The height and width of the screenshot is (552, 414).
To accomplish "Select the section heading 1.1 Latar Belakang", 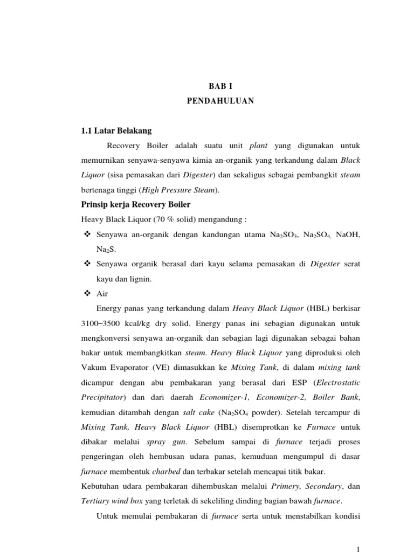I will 116,130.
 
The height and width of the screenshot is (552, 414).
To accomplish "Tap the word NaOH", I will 348,234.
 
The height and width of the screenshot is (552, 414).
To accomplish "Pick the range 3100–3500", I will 98,323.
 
